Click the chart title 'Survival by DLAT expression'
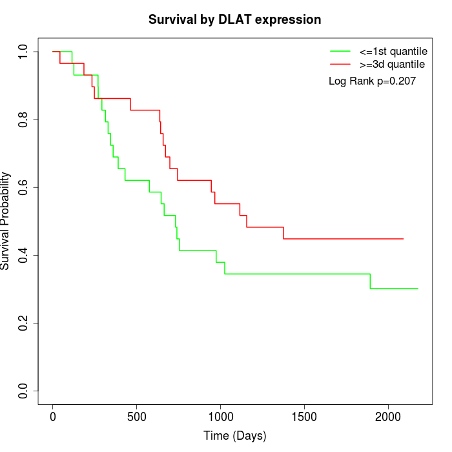(x=234, y=19)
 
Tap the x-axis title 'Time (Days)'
(x=234, y=436)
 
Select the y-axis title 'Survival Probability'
(x=6, y=221)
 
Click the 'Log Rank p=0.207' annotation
(x=372, y=81)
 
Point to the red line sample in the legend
(x=340, y=64)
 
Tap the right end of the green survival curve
(x=418, y=289)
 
